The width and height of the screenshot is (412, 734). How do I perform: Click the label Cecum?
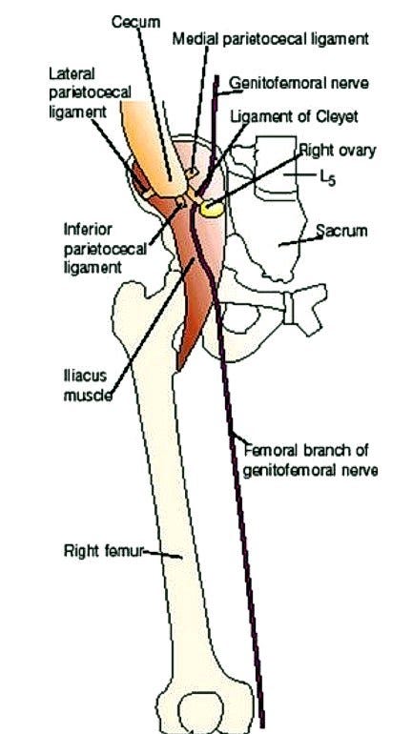[135, 22]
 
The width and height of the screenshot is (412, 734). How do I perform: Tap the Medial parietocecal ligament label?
[271, 39]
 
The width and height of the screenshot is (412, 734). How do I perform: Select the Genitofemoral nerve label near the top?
[299, 83]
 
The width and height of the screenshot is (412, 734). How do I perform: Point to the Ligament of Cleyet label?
[294, 116]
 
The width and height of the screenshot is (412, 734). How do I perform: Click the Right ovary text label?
[337, 151]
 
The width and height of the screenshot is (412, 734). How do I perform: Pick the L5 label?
[327, 179]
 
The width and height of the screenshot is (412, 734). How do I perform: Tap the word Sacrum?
[341, 231]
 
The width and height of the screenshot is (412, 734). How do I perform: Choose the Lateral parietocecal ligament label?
[90, 92]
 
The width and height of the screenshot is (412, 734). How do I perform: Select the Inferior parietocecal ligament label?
[105, 248]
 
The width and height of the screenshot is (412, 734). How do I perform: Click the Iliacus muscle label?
[88, 386]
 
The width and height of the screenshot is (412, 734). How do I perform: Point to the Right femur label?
[103, 551]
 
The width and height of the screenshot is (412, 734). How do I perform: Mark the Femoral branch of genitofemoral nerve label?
[310, 460]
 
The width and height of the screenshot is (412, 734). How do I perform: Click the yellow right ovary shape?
[212, 209]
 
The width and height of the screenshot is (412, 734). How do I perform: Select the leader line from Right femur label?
[162, 554]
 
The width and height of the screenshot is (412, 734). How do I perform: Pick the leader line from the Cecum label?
[154, 104]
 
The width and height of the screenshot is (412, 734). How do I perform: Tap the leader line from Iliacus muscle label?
[153, 328]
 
